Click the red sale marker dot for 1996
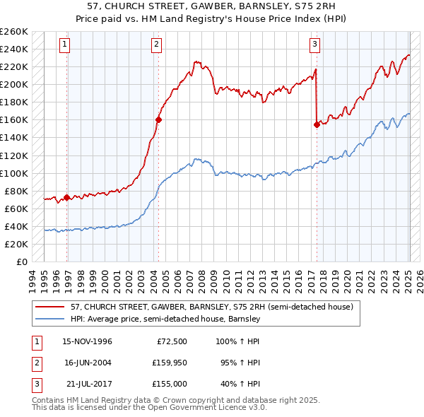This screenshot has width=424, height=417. [x=66, y=197]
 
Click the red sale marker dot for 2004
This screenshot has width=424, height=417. [x=158, y=119]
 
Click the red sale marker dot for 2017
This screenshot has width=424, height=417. [x=317, y=124]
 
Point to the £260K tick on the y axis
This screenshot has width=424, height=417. [x=14, y=32]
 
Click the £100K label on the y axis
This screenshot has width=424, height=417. [x=14, y=173]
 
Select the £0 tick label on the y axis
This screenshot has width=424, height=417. [x=21, y=262]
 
